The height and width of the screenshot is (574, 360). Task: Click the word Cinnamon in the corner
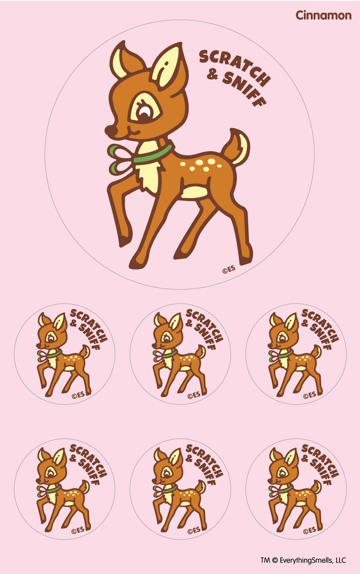(323, 15)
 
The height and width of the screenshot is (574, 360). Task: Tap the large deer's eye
(145, 112)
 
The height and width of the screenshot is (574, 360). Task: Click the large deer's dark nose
(110, 131)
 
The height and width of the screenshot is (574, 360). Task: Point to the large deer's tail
(236, 146)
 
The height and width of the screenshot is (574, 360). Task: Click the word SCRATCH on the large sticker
(234, 67)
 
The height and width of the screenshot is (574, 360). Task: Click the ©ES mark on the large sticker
(229, 269)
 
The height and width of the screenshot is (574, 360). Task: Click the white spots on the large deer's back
(201, 165)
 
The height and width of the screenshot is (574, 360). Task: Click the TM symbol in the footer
(265, 560)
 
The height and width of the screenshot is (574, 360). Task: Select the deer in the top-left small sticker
(64, 354)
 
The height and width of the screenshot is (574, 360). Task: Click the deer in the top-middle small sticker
(179, 354)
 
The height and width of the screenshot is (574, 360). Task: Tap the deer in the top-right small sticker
(295, 354)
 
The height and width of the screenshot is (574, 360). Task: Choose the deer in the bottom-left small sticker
(64, 490)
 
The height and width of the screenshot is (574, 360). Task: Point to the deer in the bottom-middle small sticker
(179, 490)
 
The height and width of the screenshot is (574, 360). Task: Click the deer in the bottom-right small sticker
(295, 490)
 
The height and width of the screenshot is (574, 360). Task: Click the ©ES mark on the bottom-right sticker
(309, 530)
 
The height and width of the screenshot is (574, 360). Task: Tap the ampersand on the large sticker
(213, 75)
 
